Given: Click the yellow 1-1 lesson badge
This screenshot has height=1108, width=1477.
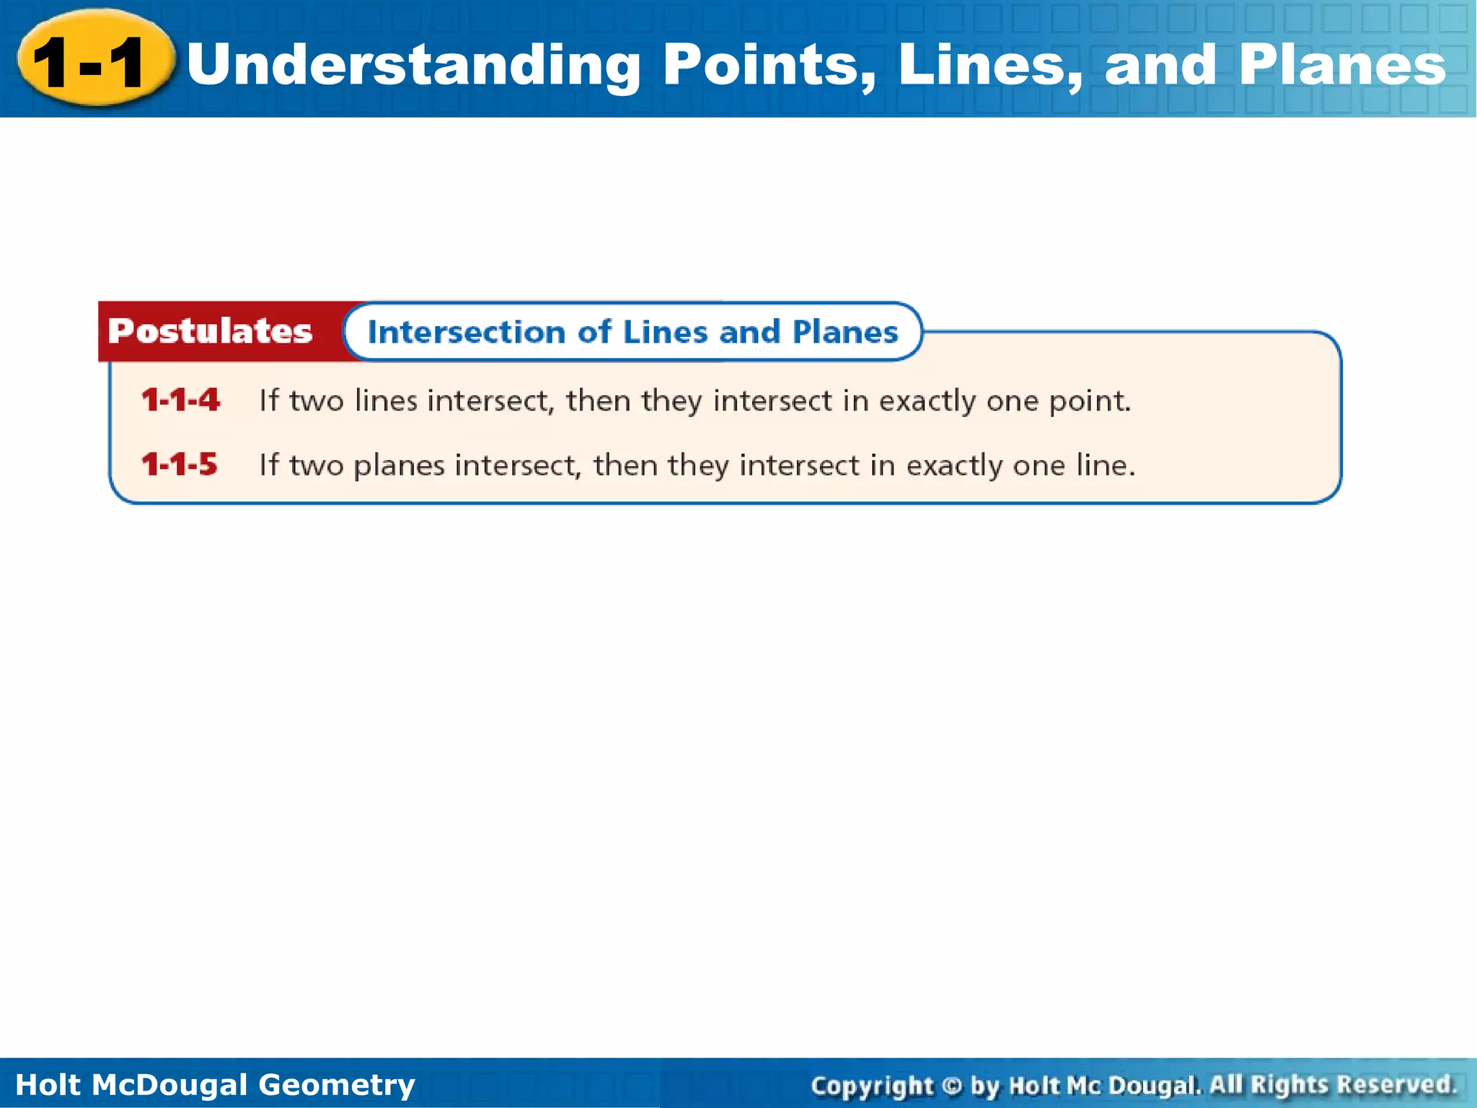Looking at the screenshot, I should [94, 61].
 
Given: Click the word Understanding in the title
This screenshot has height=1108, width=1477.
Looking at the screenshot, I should [413, 66].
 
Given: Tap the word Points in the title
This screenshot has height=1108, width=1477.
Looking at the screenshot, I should [769, 66].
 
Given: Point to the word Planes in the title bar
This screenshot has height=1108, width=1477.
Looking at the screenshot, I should [1342, 66].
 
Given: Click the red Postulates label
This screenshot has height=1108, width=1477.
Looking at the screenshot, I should [210, 331].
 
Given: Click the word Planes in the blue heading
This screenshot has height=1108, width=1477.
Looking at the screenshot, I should [845, 332].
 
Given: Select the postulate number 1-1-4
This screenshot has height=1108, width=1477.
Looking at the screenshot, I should [180, 400].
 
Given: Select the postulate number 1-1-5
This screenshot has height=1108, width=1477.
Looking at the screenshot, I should [179, 465].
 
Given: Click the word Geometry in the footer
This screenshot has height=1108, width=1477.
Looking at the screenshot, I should [336, 1085].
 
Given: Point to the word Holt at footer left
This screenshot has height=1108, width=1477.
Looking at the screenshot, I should [48, 1085].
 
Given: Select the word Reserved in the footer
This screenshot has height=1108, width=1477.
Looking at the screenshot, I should [1396, 1084].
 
